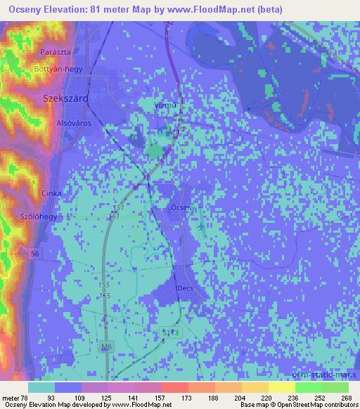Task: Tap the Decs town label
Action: click(x=185, y=288)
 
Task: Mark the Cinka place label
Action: click(x=52, y=193)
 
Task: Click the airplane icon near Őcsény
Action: click(x=202, y=226)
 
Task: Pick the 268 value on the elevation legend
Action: click(x=347, y=398)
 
